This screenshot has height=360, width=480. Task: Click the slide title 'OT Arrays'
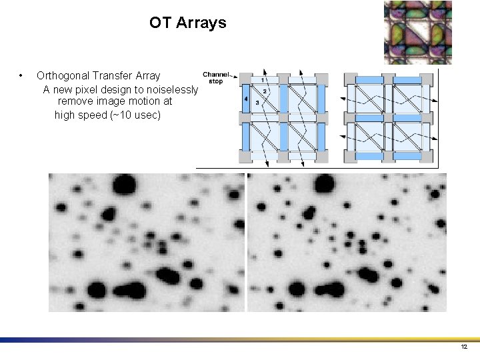[187, 23]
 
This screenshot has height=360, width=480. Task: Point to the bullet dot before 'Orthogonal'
[22, 75]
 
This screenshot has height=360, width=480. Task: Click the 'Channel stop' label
[215, 77]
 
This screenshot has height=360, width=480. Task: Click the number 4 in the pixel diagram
[246, 99]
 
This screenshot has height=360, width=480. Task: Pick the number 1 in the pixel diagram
[263, 80]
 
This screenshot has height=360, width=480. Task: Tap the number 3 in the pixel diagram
[257, 103]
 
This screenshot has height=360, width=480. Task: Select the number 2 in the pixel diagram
[265, 90]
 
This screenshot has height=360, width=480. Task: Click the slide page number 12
[464, 347]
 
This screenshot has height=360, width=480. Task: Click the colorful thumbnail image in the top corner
[418, 32]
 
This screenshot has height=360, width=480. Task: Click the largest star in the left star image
[125, 184]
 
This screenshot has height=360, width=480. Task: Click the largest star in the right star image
[324, 183]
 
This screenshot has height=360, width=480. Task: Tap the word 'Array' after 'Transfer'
[147, 76]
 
